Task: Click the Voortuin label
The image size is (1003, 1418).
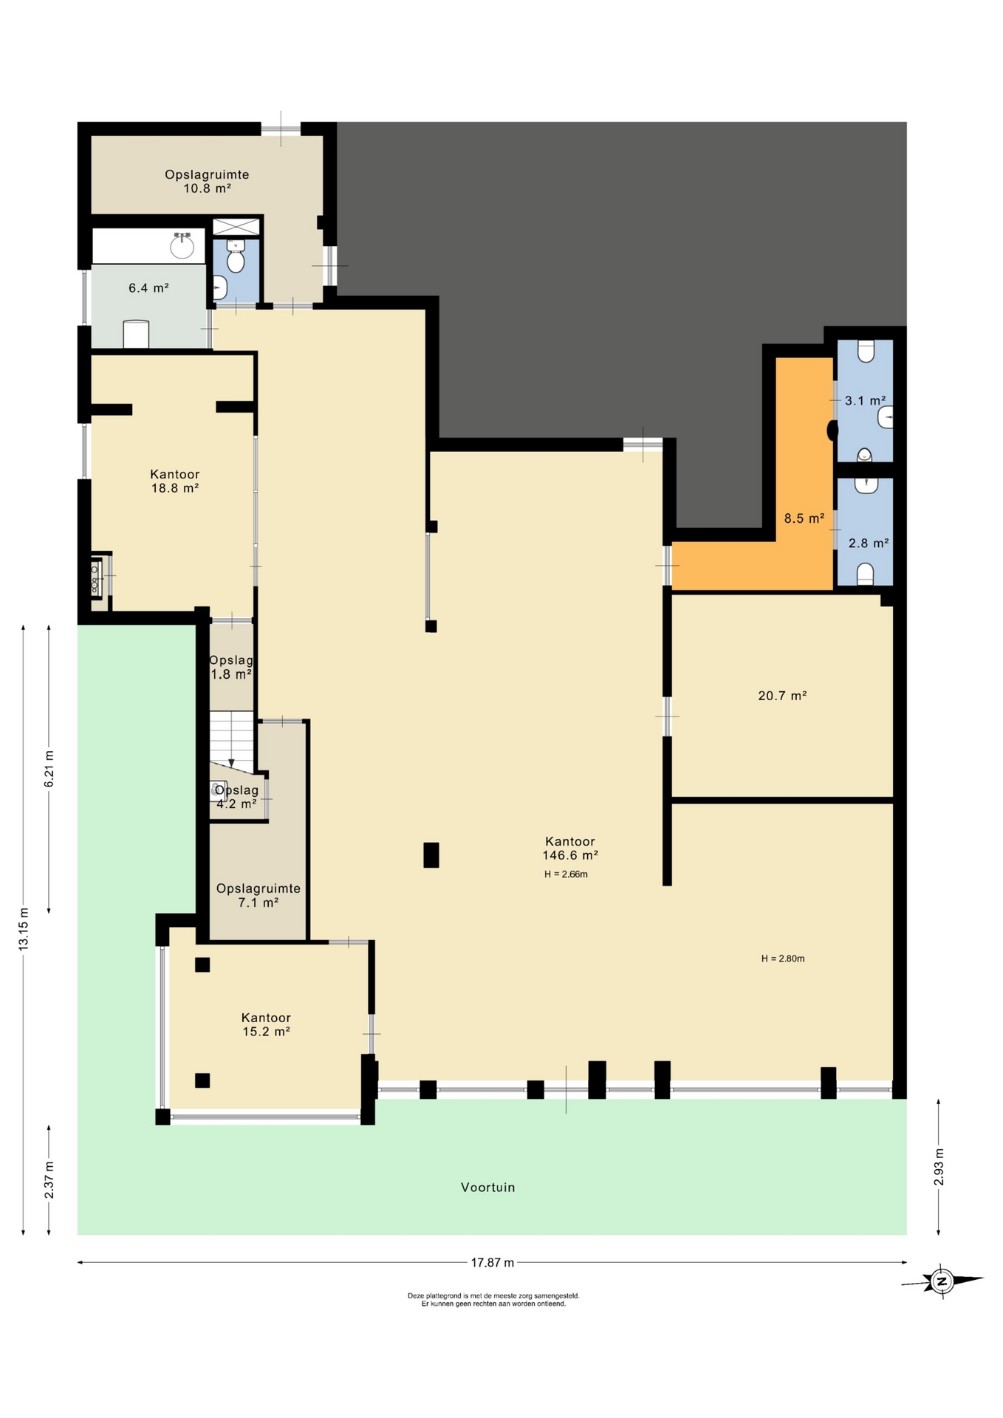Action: click(487, 1188)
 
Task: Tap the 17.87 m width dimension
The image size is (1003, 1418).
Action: click(493, 1262)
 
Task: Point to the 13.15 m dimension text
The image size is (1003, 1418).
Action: click(24, 928)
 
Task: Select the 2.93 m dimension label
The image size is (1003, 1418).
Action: click(939, 1167)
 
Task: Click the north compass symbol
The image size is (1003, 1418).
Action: click(942, 1281)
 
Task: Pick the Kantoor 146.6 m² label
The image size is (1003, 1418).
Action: click(570, 848)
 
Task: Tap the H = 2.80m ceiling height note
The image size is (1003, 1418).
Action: click(783, 959)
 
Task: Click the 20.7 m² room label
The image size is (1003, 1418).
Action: click(782, 695)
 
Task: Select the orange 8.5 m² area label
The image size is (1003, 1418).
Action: click(804, 518)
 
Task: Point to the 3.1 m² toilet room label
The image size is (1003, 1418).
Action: click(865, 400)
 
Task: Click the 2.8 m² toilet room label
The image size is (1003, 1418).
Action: click(868, 543)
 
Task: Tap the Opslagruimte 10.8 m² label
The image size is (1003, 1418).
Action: click(207, 181)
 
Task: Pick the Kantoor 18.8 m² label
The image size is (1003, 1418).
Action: click(175, 481)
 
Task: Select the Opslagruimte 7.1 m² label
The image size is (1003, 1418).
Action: click(258, 895)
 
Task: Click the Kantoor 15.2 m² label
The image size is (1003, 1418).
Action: click(266, 1024)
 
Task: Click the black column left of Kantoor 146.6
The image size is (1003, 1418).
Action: click(431, 854)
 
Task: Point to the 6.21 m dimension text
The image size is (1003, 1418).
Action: click(49, 769)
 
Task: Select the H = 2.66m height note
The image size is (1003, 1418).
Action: click(566, 874)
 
